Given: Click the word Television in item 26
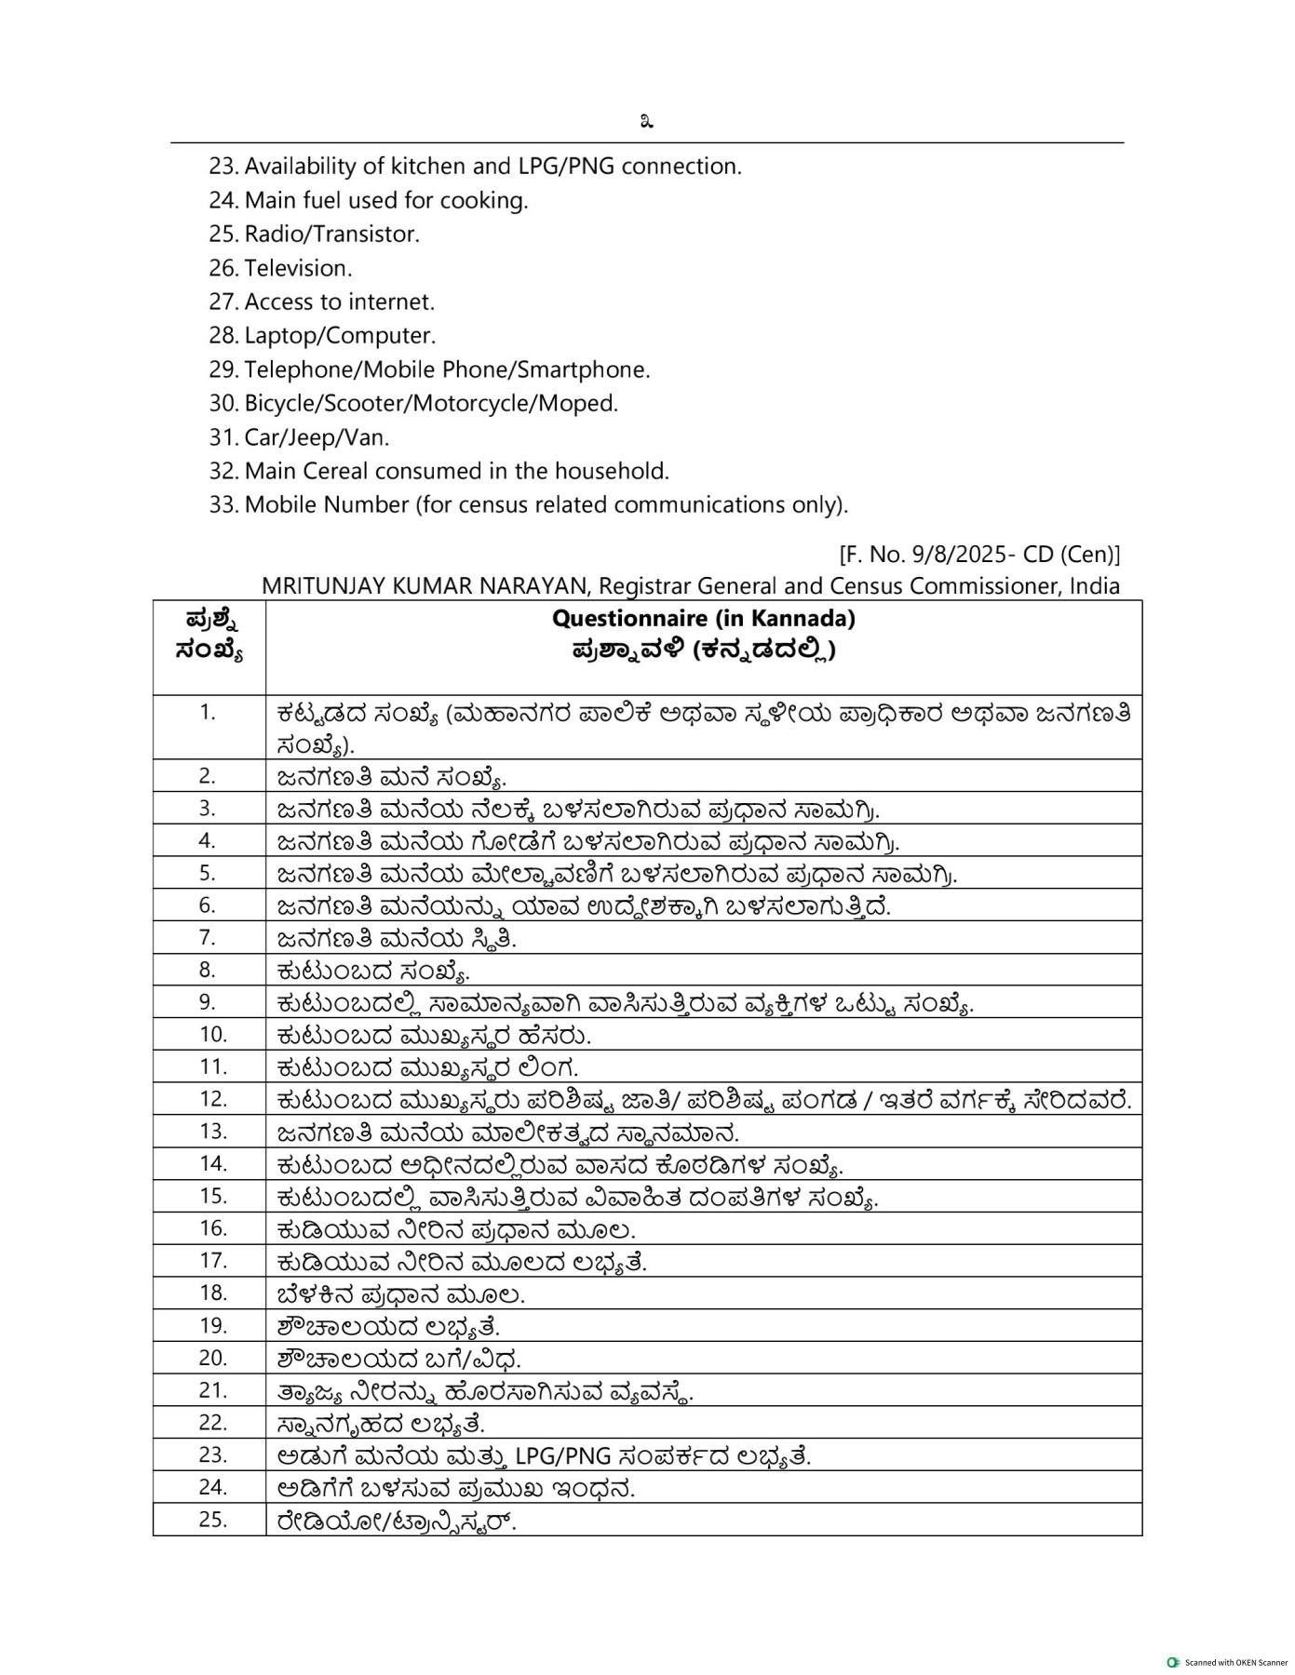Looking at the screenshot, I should (297, 268).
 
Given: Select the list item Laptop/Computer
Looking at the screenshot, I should (339, 336).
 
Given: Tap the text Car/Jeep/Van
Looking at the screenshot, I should (317, 437).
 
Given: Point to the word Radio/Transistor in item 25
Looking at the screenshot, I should (330, 234).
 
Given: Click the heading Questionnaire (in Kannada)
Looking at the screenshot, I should (703, 618).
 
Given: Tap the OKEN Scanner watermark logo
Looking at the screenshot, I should (1173, 1662).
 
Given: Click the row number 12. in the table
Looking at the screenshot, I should (213, 1099).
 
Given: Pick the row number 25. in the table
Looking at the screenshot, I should (213, 1520).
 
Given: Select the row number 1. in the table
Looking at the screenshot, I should (207, 713).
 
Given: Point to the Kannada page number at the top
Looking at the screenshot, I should (646, 121).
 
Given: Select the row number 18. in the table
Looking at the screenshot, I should (213, 1293).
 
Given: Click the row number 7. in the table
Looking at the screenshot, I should (207, 937).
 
